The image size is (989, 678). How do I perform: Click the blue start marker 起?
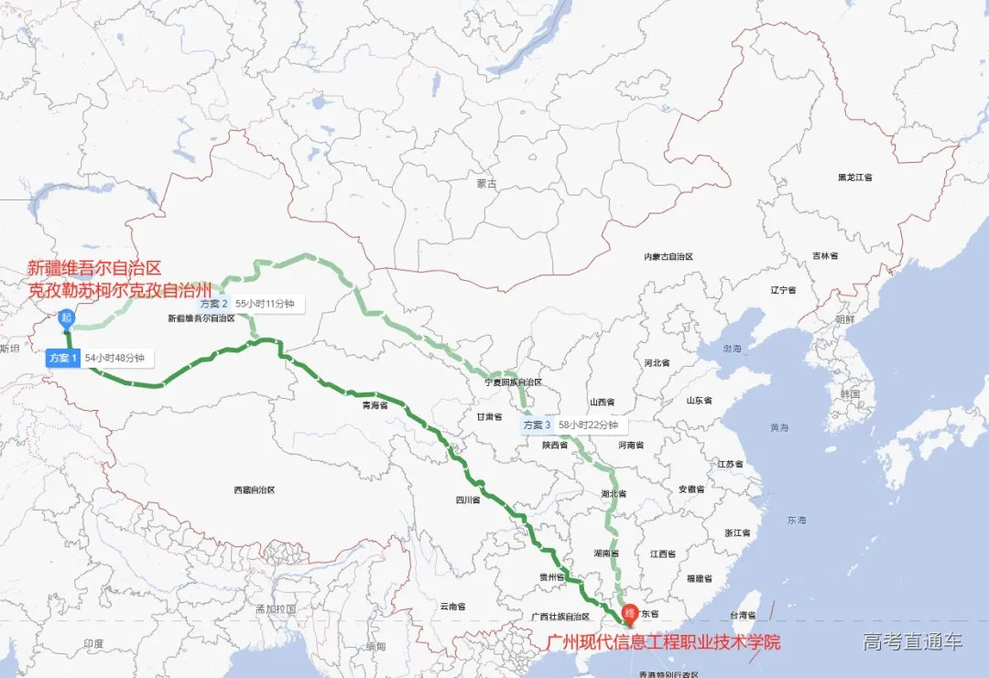[x=66, y=318]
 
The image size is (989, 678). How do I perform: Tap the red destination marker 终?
[x=630, y=612]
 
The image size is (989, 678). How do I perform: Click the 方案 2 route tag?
[x=213, y=303]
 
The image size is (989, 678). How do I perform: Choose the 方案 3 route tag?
[x=538, y=425]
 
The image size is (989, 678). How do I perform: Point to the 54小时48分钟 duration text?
[x=115, y=359]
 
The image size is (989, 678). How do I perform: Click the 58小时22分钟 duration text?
[x=588, y=425]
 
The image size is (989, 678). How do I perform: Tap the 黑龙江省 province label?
[x=854, y=177]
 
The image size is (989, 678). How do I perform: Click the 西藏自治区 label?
[x=255, y=490]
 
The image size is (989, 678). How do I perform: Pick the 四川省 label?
[x=468, y=500]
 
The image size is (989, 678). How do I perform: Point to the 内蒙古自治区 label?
[x=668, y=257]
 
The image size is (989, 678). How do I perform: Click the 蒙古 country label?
[x=486, y=184]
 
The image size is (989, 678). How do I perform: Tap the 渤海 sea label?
[x=732, y=349]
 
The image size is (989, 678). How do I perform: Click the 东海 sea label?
[x=796, y=520]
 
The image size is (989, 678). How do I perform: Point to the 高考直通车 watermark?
[x=912, y=641]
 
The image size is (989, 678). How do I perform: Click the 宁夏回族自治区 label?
[x=514, y=382]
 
